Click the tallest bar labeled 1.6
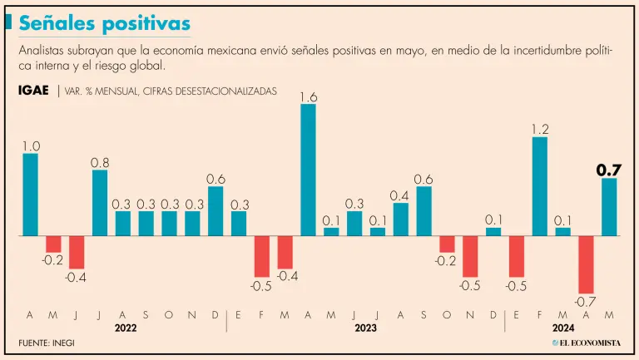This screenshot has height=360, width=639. (308, 170)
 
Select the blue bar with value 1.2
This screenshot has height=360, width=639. (540, 186)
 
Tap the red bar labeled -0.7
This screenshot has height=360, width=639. (587, 264)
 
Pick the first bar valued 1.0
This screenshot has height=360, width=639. (31, 195)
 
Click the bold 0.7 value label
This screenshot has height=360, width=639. (609, 170)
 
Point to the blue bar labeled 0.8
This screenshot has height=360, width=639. (100, 203)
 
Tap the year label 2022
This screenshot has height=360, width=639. (123, 328)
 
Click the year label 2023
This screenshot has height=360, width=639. (365, 328)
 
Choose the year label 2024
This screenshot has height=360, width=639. (563, 328)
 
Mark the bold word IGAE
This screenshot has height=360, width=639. (33, 90)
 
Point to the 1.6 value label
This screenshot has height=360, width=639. (308, 97)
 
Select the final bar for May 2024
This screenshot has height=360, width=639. (609, 207)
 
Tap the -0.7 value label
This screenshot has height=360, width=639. (587, 300)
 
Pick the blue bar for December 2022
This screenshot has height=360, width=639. (215, 211)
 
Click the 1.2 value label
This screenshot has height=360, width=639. (540, 129)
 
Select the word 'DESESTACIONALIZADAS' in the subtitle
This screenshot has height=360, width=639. (220, 91)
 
